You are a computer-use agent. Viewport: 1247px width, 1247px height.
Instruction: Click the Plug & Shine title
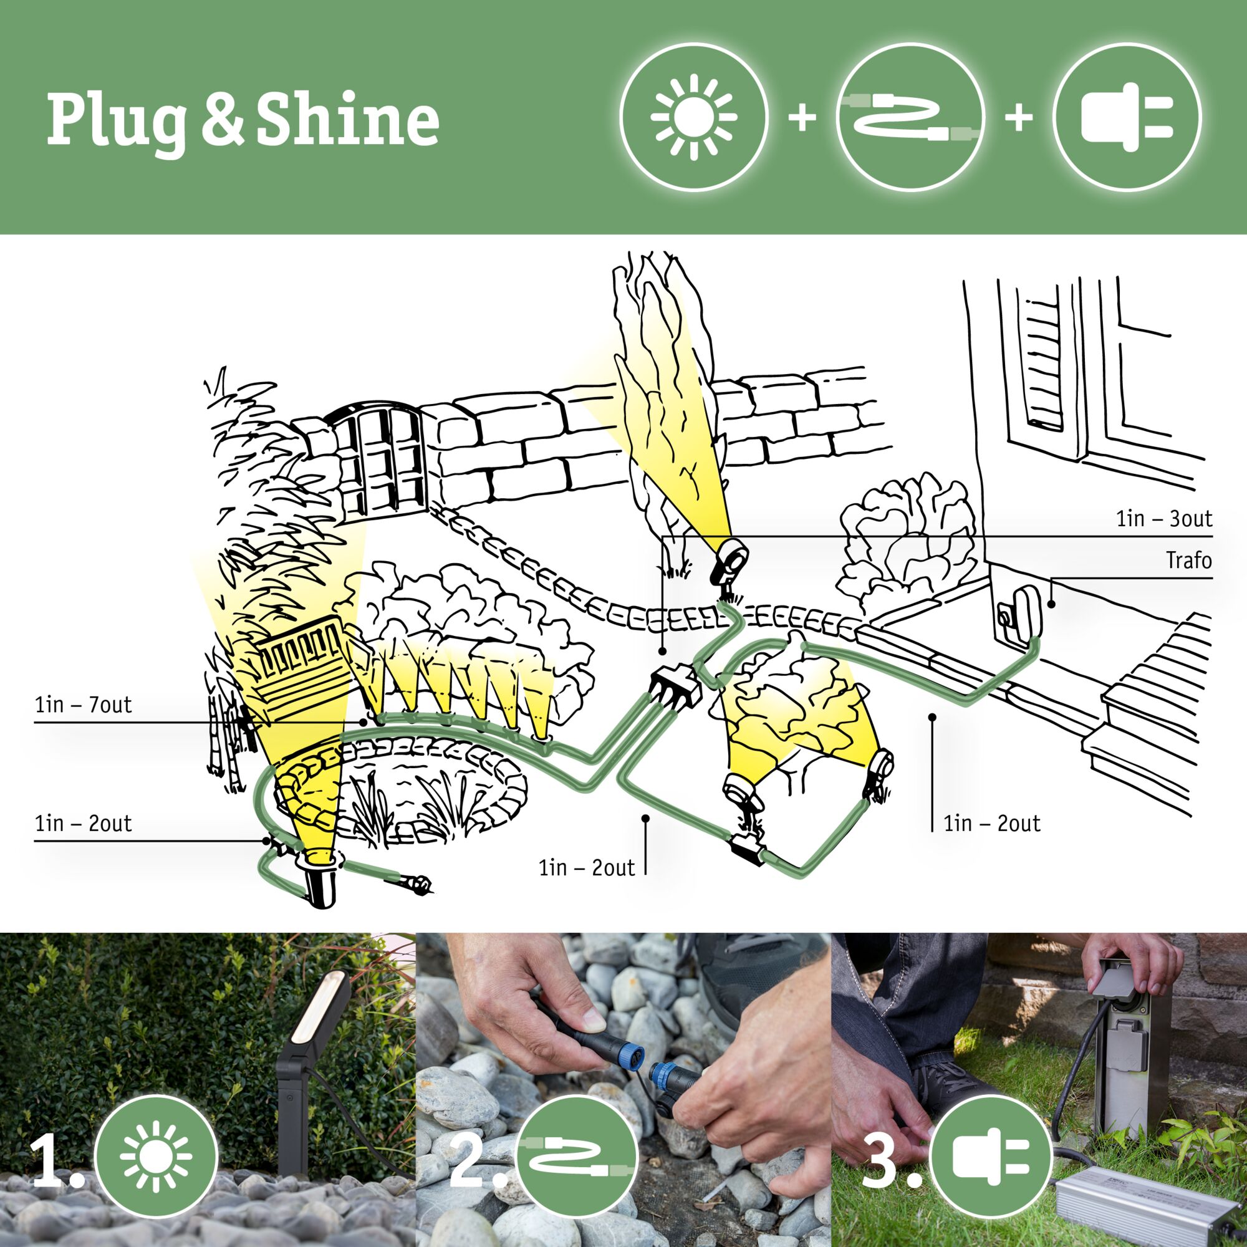tap(243, 120)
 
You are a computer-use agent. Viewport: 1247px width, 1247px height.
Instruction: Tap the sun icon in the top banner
tap(694, 117)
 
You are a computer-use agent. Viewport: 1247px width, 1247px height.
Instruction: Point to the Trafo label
tap(1188, 561)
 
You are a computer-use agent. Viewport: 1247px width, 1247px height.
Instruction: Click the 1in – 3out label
tap(1163, 518)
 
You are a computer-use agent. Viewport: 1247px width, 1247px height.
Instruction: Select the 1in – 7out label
tap(84, 704)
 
